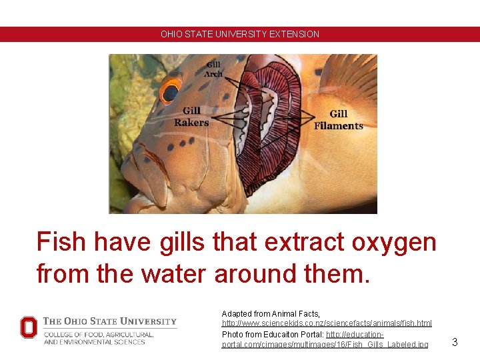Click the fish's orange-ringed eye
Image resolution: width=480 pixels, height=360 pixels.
[170, 91]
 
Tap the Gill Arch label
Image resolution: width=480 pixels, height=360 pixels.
[213, 69]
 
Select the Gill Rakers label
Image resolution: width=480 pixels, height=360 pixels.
[191, 117]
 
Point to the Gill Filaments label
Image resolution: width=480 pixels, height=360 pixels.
[339, 120]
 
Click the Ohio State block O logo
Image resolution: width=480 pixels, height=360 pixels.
[29, 327]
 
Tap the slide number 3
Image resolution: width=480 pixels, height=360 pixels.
[455, 342]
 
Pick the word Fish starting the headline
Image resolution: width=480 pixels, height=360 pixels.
[62, 241]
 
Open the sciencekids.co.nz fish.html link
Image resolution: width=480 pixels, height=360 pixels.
[327, 323]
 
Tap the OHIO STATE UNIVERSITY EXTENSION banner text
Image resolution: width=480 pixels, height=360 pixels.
[240, 34]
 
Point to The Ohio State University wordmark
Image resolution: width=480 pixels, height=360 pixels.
[110, 321]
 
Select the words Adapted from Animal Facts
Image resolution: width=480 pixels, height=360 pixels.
[271, 313]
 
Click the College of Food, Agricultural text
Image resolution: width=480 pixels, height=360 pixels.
[99, 334]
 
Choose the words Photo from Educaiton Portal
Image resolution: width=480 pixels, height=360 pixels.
[273, 334]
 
